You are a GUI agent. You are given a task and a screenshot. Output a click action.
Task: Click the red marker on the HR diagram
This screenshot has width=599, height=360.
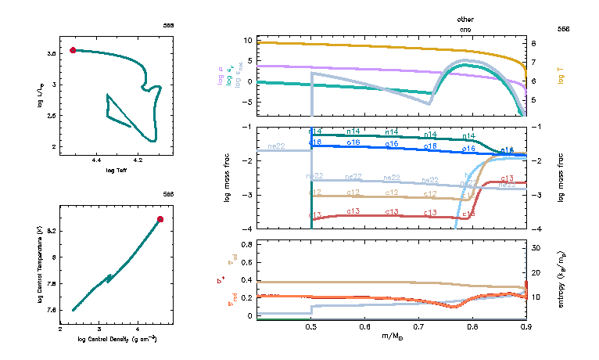(x=73, y=50)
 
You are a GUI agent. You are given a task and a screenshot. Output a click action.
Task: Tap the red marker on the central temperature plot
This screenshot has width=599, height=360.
(x=160, y=219)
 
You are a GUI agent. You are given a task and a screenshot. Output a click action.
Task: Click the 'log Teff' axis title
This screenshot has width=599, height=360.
(x=117, y=169)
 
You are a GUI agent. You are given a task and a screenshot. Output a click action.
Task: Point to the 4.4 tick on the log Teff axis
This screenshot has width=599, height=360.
(x=97, y=160)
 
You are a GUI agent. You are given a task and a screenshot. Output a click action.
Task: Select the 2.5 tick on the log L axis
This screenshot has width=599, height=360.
(x=50, y=115)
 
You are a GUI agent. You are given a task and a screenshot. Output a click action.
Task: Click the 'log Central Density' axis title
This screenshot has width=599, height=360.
(x=117, y=339)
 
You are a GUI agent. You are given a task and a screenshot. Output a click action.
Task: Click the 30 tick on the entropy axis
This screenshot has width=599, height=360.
(x=536, y=247)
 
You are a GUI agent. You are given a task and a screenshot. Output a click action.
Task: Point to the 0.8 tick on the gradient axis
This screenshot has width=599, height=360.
(x=248, y=244)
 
